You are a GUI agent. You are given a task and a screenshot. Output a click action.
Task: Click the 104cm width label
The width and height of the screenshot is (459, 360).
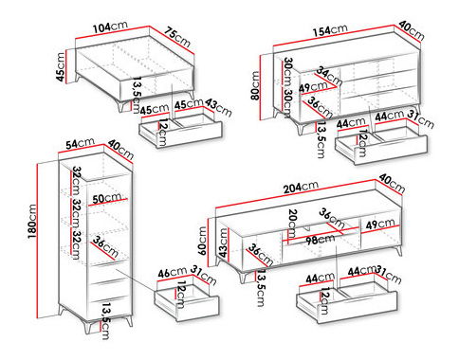click(112, 29)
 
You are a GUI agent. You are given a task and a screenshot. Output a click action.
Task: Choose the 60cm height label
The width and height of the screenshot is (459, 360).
click(200, 238)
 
